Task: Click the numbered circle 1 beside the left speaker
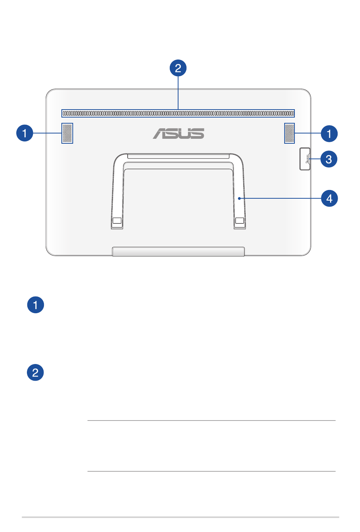pyautogui.click(x=25, y=133)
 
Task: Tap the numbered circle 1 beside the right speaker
pyautogui.click(x=329, y=133)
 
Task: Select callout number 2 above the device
pyautogui.click(x=178, y=68)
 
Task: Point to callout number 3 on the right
pyautogui.click(x=329, y=159)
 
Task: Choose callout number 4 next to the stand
pyautogui.click(x=329, y=198)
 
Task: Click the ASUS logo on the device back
pyautogui.click(x=178, y=133)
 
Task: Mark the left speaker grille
pyautogui.click(x=67, y=133)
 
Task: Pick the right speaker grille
pyautogui.click(x=290, y=133)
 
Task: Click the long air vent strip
pyautogui.click(x=178, y=113)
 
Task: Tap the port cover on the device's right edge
pyautogui.click(x=305, y=159)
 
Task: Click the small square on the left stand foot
pyautogui.click(x=117, y=220)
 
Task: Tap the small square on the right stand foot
pyautogui.click(x=239, y=220)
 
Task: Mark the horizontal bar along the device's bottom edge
pyautogui.click(x=178, y=251)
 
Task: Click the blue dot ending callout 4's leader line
pyautogui.click(x=239, y=198)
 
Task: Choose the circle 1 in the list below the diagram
pyautogui.click(x=36, y=305)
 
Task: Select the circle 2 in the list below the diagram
pyautogui.click(x=35, y=372)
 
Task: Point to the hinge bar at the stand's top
pyautogui.click(x=178, y=156)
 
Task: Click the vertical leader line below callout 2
pyautogui.click(x=178, y=93)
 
